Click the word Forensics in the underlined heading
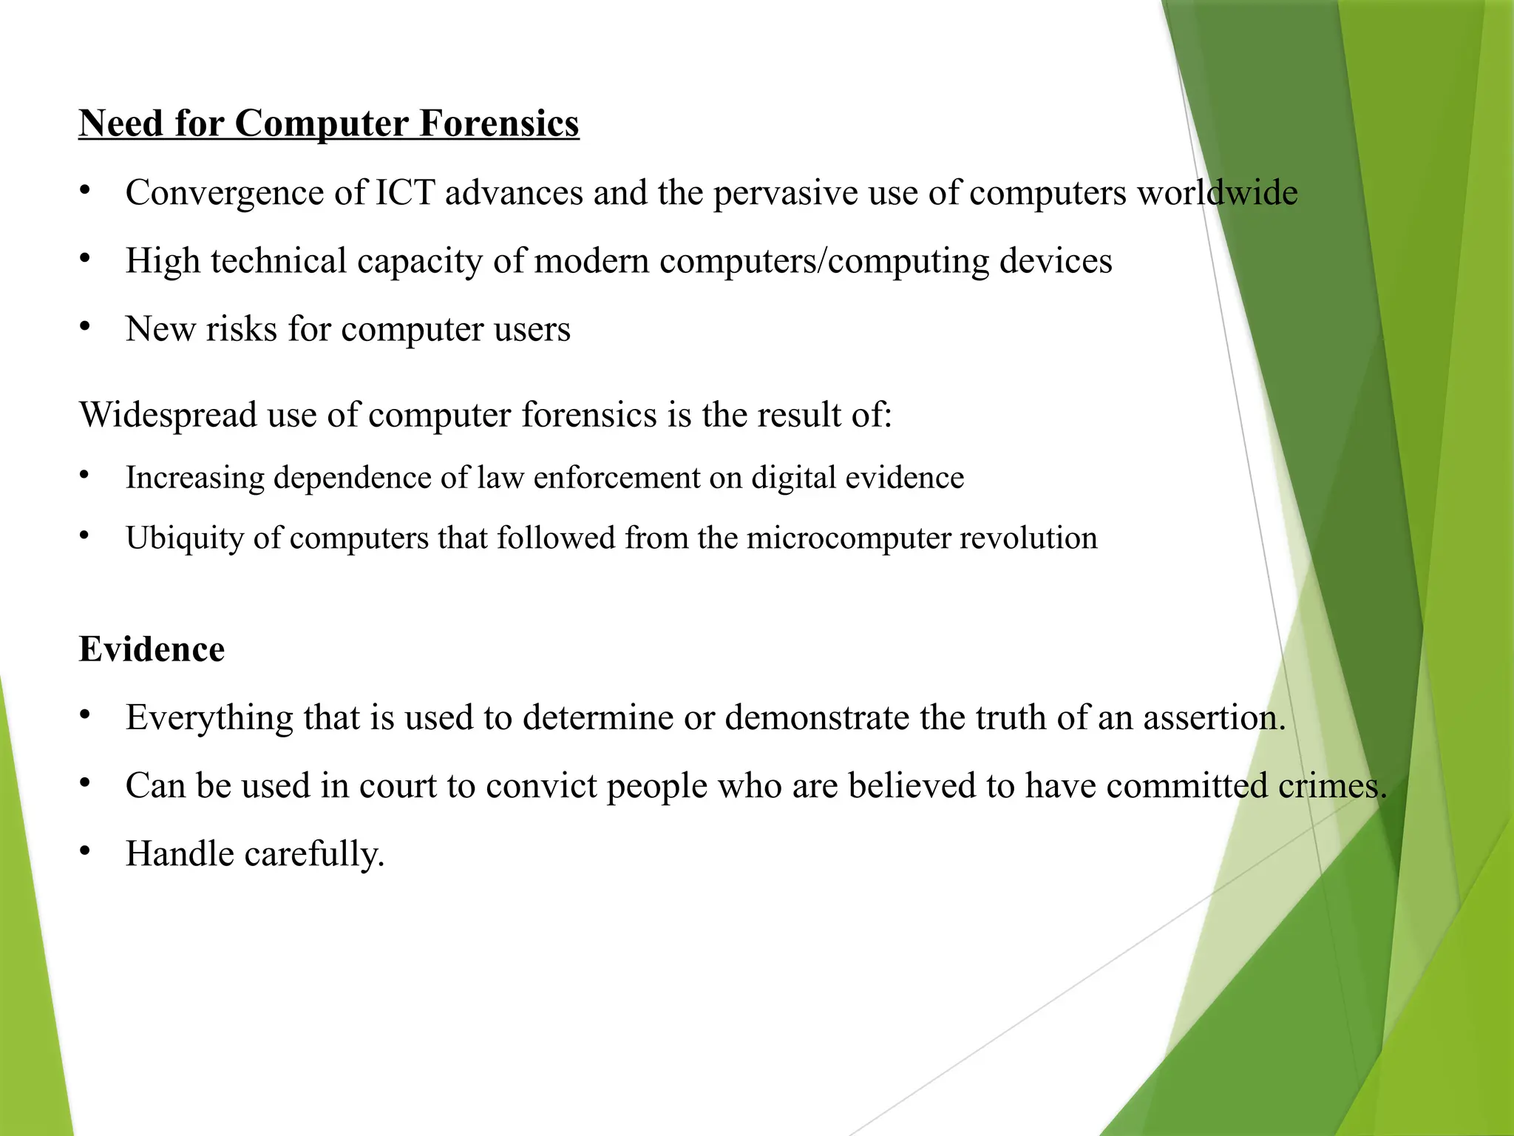(499, 124)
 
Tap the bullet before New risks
(85, 326)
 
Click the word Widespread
(168, 416)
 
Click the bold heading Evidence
(152, 649)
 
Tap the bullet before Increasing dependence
(85, 475)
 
